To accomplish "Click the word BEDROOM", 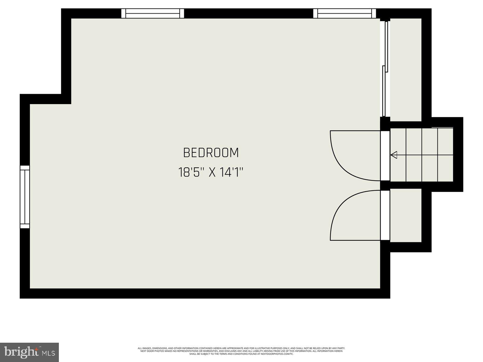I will click(x=211, y=153).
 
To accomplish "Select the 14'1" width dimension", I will click(x=232, y=173).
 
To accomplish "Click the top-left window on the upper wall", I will click(x=152, y=14).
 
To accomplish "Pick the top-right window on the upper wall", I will click(x=344, y=14).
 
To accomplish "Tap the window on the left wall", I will click(x=25, y=197).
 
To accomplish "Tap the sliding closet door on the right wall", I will click(x=385, y=69).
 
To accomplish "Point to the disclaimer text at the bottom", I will click(x=241, y=351).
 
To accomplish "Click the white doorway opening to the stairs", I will click(x=385, y=156).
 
